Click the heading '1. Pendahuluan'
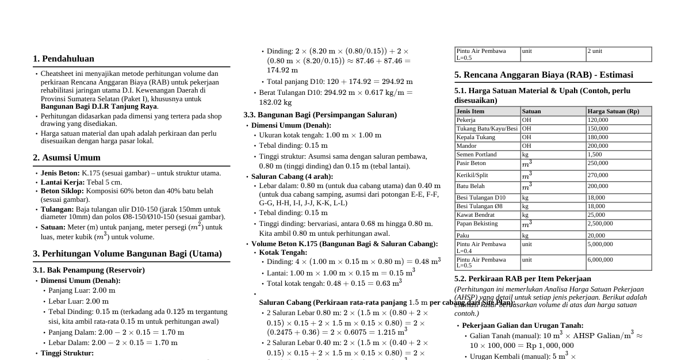pos(63,59)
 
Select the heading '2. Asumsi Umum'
pos(67,158)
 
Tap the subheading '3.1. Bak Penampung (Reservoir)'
pos(89,270)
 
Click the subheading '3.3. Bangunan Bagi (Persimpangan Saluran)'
pos(320,114)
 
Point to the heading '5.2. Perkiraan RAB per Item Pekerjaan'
pos(522,278)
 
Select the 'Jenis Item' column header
pos(470,111)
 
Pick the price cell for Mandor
pos(598,146)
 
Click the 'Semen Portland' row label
pos(476,154)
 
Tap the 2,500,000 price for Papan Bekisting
pos(600,223)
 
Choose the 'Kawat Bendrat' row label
pos(475,215)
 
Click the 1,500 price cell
pos(594,155)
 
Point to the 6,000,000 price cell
pos(600,259)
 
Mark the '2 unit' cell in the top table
pos(595,51)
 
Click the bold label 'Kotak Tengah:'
pos(283,252)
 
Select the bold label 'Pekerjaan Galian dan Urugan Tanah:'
pos(522,325)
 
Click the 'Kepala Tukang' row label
pos(476,137)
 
